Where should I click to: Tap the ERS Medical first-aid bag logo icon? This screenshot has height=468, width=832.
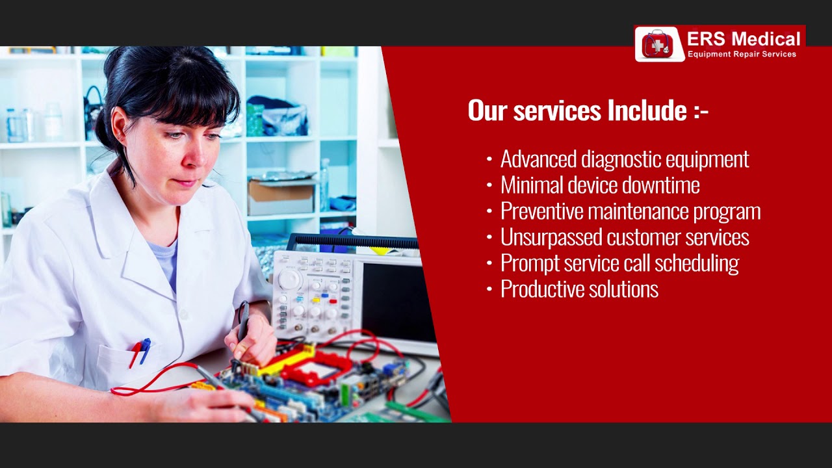pyautogui.click(x=659, y=44)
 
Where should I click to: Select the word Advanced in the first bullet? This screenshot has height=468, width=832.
pyautogui.click(x=538, y=159)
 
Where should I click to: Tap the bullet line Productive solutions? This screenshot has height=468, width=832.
pyautogui.click(x=579, y=289)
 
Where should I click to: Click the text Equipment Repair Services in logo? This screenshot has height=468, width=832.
pyautogui.click(x=742, y=54)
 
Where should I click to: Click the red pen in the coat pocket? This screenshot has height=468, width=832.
pyautogui.click(x=135, y=354)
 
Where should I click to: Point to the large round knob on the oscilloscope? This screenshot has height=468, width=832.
pyautogui.click(x=290, y=279)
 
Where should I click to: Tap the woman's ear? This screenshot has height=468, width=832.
pyautogui.click(x=119, y=125)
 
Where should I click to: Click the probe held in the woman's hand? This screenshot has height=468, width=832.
pyautogui.click(x=243, y=321)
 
